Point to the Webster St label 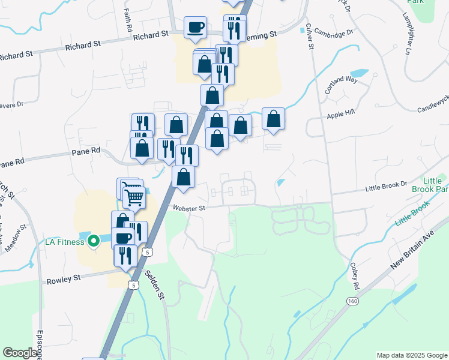[190, 208]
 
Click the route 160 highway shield [351, 299]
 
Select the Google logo [20, 353]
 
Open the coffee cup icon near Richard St [195, 28]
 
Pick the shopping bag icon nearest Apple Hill [273, 119]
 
